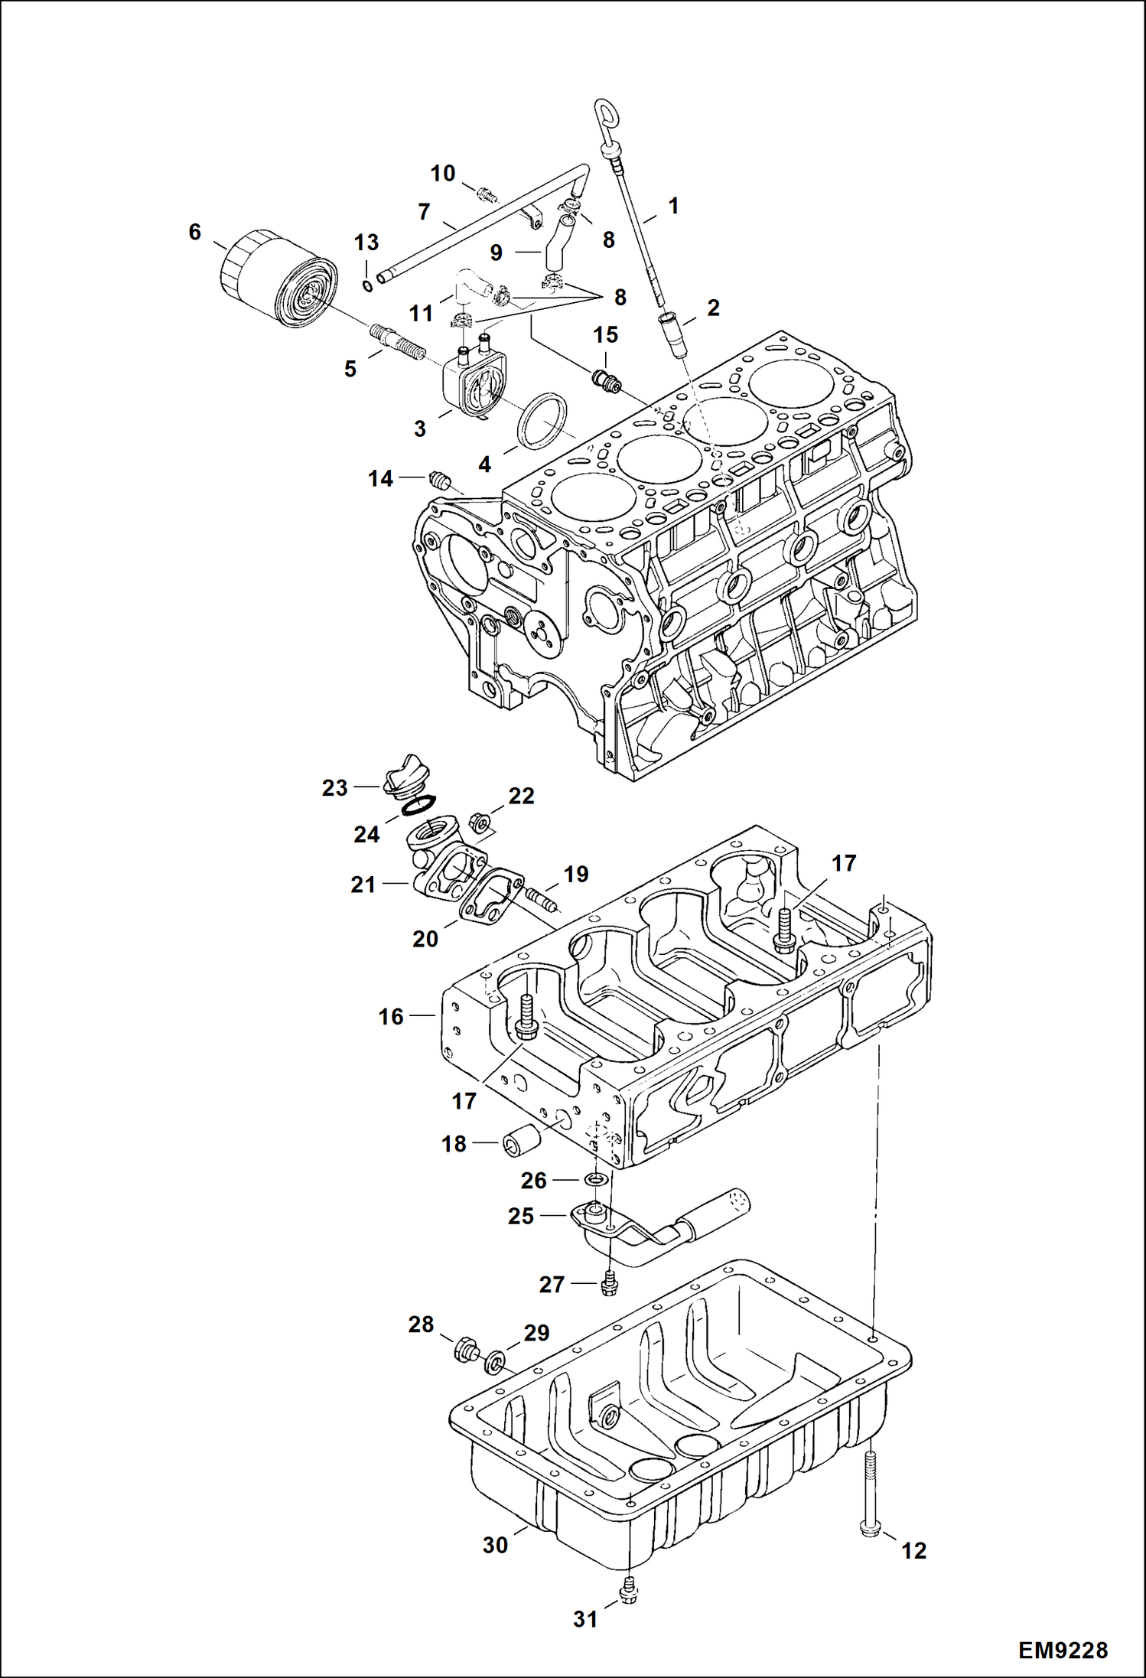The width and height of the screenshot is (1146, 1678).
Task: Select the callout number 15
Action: (x=605, y=334)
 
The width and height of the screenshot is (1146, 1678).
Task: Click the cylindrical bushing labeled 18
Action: (x=521, y=1144)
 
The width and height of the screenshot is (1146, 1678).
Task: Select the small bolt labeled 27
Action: (x=609, y=1282)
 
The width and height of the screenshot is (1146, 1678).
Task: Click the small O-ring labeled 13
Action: (x=367, y=286)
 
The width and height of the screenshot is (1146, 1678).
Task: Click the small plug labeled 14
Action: (x=439, y=480)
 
